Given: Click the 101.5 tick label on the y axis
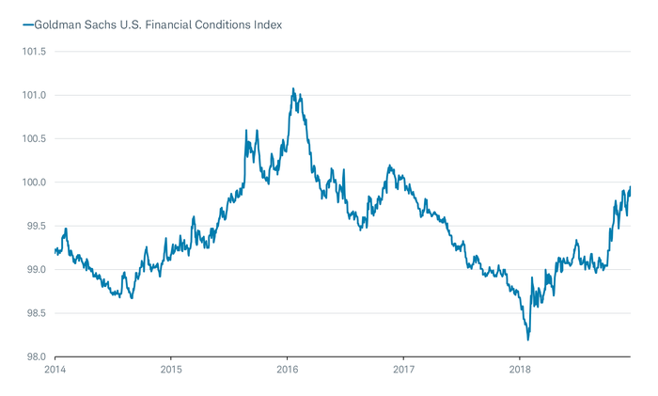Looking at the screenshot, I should tap(34, 52).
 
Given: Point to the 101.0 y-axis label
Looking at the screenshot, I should tap(34, 95).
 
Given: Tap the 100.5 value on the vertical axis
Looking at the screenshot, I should tap(34, 139).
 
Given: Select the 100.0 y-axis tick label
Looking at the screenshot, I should tap(34, 182).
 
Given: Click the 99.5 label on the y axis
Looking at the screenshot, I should tap(35, 226).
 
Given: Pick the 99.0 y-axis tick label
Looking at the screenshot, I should tap(35, 270).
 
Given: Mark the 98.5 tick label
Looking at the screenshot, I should tap(35, 313).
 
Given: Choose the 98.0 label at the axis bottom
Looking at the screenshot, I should tap(35, 356).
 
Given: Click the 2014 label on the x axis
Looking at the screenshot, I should tap(55, 371).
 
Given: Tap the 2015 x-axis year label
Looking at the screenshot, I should tap(170, 371).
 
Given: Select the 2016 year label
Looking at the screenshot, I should tap(287, 371).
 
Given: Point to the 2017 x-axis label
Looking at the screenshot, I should tap(403, 371).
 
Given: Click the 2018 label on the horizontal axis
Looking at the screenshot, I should tap(520, 371).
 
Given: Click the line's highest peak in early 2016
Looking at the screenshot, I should tap(293, 89).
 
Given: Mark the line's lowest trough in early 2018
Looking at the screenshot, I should tap(528, 340).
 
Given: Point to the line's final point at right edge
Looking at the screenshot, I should tap(630, 186).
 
